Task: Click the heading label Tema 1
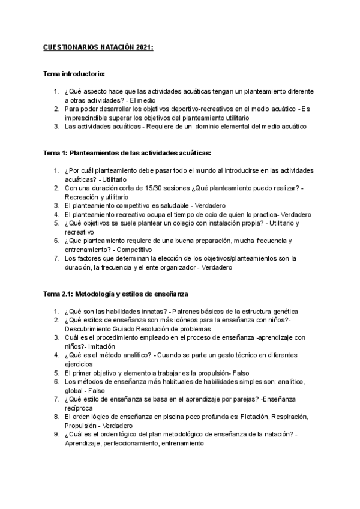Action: [57, 154]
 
